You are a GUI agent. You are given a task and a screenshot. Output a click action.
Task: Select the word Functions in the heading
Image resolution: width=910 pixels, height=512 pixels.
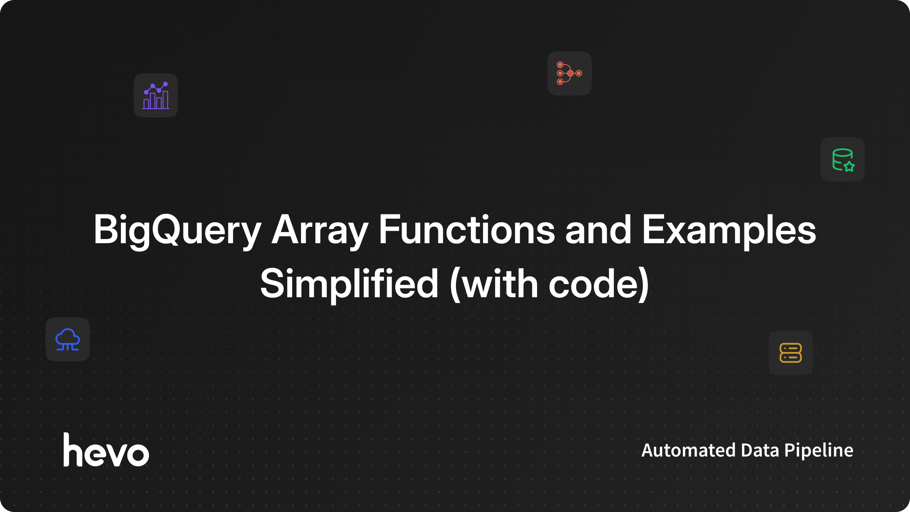coord(467,229)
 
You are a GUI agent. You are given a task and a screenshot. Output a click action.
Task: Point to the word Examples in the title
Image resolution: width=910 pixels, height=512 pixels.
coord(729,231)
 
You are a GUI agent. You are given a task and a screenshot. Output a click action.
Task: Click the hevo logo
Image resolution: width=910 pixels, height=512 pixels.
coord(106,449)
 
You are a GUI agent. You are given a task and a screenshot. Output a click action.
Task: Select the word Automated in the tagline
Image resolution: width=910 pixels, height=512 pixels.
coord(689,450)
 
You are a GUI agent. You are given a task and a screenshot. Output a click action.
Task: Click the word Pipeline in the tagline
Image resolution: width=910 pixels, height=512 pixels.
coord(819,451)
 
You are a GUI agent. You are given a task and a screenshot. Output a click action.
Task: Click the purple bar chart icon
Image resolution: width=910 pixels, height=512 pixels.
coord(156,95)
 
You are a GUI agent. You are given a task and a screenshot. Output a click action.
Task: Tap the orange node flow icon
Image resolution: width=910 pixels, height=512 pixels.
coord(569,73)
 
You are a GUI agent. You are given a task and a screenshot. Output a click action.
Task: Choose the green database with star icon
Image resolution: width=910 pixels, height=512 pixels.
coord(843,160)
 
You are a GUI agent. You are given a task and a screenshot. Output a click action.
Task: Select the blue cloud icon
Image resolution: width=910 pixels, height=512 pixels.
coord(68,339)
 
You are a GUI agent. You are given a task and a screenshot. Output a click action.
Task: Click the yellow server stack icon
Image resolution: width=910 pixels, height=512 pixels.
coord(791,353)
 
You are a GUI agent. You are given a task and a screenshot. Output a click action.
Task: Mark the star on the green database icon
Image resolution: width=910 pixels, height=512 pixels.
coord(849,166)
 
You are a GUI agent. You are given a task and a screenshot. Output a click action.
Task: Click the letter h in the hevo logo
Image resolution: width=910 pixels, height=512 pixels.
coord(74,449)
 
